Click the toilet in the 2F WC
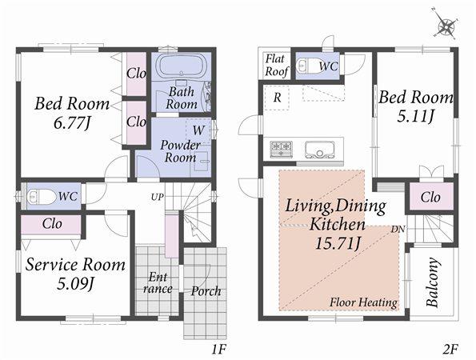pos(306,67)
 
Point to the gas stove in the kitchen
pos(282,148)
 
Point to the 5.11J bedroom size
pos(415,117)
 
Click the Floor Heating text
pos(364,303)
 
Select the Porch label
pos(206,290)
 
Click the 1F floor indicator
pos(220,349)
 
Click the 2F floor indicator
pos(450,349)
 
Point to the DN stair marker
pos(398,230)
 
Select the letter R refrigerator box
pos(276,97)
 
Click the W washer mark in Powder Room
pos(197,128)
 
